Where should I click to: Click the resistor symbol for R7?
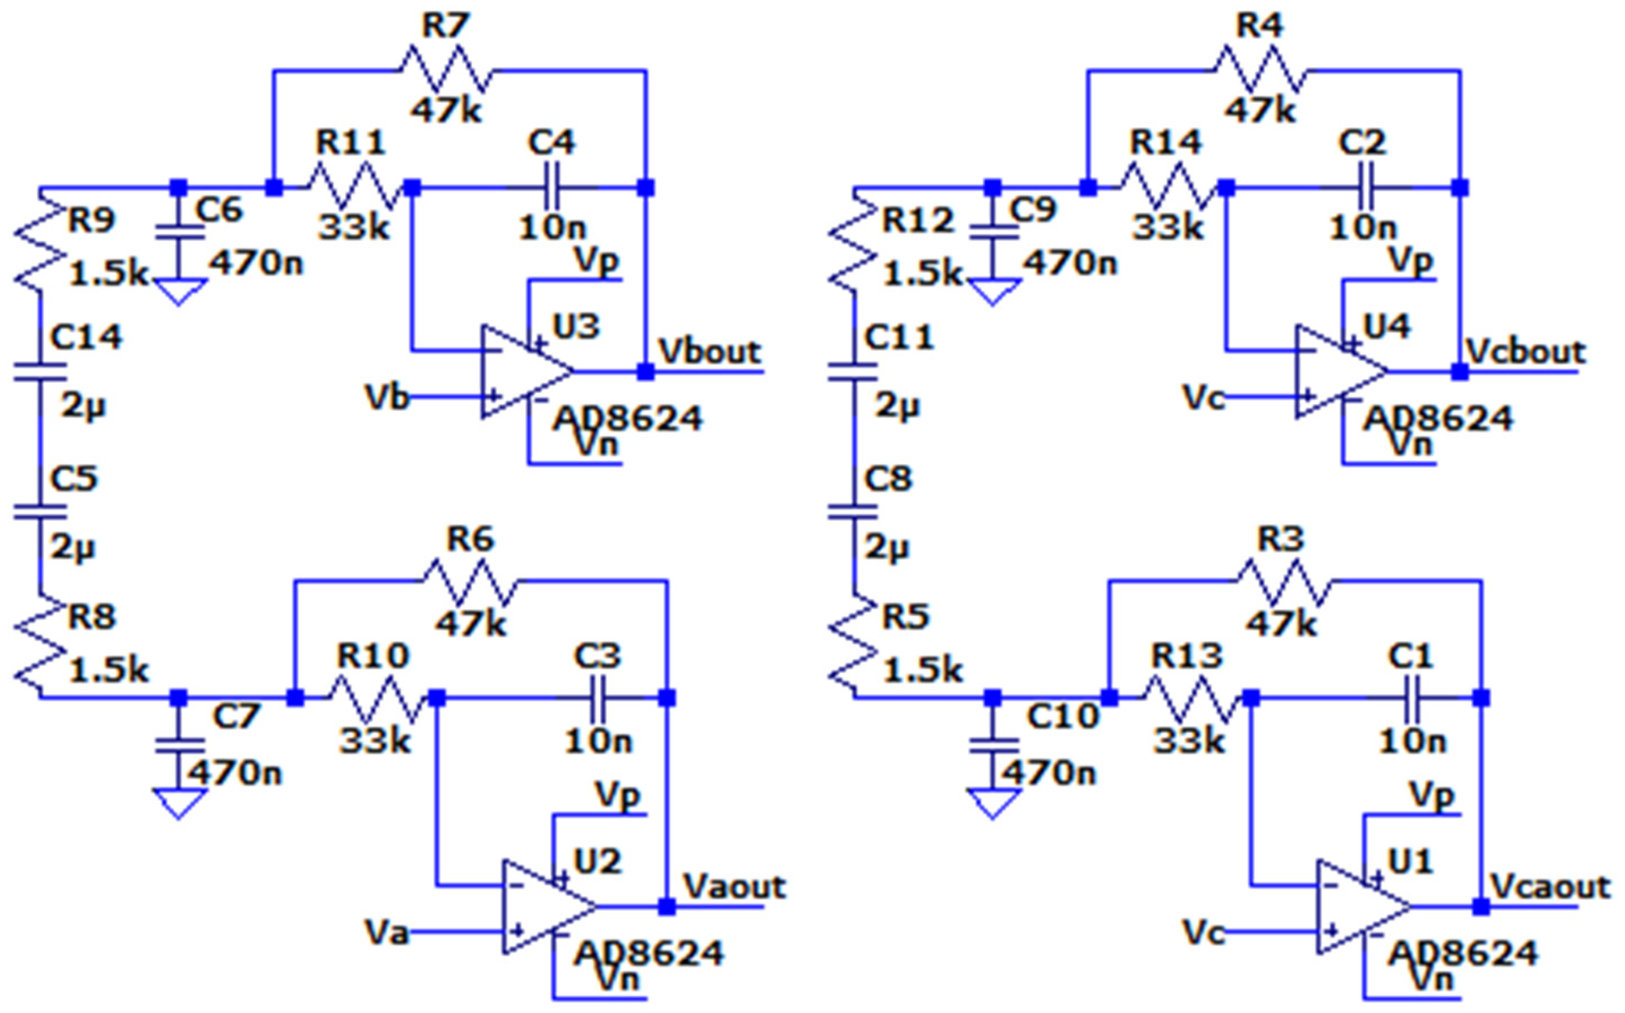click(x=447, y=70)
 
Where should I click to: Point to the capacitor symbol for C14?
click(x=40, y=372)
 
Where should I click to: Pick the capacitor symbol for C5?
click(x=40, y=513)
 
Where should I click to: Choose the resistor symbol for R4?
click(x=1260, y=70)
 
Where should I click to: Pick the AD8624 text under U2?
click(x=649, y=952)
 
